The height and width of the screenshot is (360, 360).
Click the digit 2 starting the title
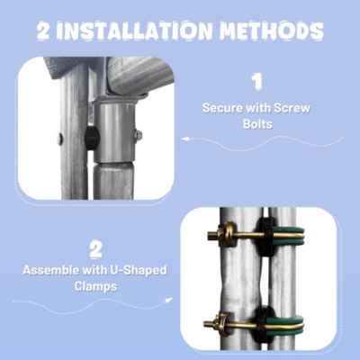pos(47,32)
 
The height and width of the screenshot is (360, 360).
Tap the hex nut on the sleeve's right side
pos(138,135)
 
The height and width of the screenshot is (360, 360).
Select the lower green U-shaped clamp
pos(288,322)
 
